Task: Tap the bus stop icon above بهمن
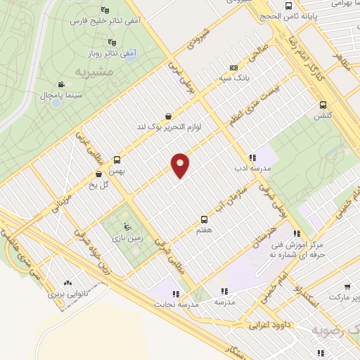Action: [x=116, y=159]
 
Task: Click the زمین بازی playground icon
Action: [x=127, y=227]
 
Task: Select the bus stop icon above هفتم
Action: [x=205, y=219]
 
